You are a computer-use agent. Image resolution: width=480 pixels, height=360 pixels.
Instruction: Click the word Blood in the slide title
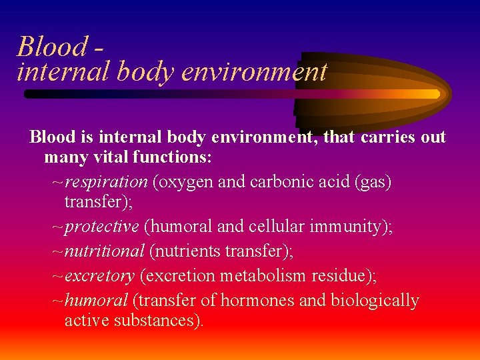pos(52,47)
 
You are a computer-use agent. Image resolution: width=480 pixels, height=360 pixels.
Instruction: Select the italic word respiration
pos(107,182)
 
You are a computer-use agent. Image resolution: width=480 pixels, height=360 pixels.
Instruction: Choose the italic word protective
pos(102,227)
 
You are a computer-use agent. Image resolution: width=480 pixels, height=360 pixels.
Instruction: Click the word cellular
pos(277,227)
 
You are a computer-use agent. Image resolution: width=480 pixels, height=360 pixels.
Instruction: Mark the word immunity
pos(345,227)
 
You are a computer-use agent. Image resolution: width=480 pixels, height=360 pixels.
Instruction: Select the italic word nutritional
pos(105,251)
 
